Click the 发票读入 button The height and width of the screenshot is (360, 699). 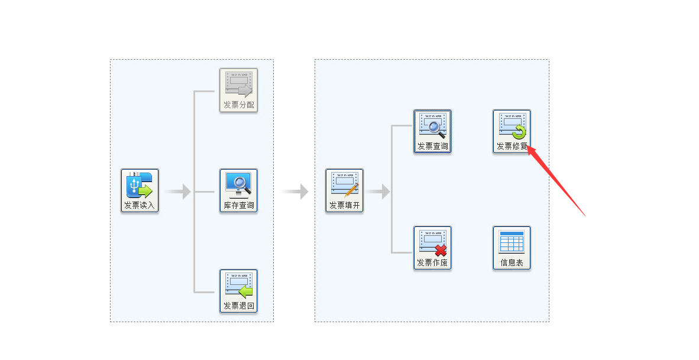click(x=140, y=190)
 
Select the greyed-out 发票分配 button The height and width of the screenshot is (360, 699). click(x=238, y=90)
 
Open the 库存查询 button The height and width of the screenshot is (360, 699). click(x=238, y=190)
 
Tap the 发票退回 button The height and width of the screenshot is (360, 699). click(x=238, y=291)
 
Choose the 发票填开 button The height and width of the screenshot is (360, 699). click(x=344, y=190)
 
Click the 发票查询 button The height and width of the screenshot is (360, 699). click(x=432, y=131)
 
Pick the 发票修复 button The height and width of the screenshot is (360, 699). click(x=512, y=131)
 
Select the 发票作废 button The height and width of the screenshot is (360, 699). click(x=432, y=248)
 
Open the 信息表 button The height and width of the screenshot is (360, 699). click(x=512, y=248)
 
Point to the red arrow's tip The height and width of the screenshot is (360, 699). click(x=528, y=147)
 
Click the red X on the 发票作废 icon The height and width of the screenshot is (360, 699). click(x=441, y=251)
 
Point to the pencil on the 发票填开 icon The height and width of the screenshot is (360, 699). click(x=352, y=190)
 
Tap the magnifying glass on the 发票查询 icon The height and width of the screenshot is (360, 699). click(x=436, y=127)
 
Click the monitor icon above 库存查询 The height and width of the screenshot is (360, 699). click(x=238, y=184)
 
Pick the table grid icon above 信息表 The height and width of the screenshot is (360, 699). click(x=512, y=242)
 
